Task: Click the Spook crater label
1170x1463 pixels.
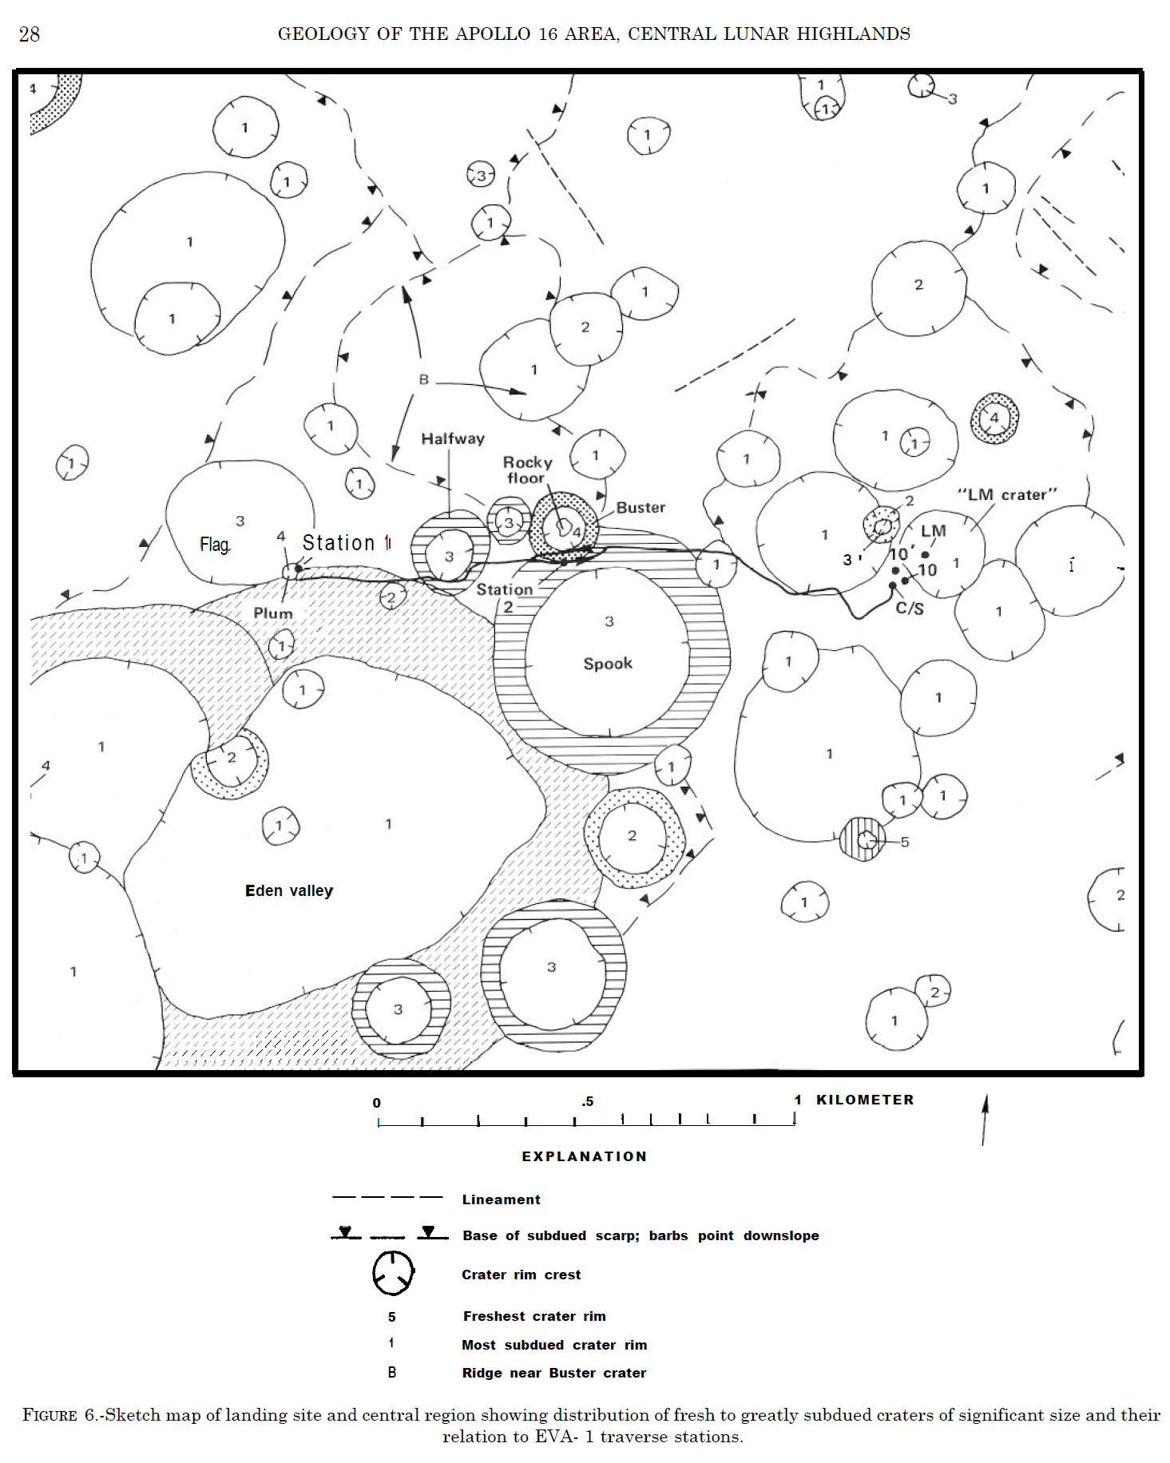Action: point(608,664)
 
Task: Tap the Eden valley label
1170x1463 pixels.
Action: point(288,890)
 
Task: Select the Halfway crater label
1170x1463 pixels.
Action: point(453,438)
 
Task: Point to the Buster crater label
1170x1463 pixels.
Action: point(641,507)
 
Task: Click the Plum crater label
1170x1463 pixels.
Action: point(273,613)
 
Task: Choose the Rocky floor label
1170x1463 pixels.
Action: point(527,470)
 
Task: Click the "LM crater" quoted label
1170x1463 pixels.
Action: point(1007,494)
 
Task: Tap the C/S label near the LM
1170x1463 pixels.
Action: point(910,609)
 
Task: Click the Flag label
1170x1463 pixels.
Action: point(215,545)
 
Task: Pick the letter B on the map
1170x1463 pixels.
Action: point(424,379)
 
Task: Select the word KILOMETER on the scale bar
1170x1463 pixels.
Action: point(865,1100)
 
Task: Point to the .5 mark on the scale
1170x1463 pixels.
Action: point(587,1102)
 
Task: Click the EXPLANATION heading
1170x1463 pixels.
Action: point(585,1156)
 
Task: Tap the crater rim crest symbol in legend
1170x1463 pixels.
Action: point(393,1273)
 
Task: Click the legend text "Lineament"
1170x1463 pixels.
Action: point(501,1199)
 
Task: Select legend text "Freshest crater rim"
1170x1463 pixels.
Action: point(533,1316)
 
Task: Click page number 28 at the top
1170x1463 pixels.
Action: point(30,34)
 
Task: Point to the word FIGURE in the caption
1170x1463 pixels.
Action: point(50,1416)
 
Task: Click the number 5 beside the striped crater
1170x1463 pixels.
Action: point(905,842)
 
